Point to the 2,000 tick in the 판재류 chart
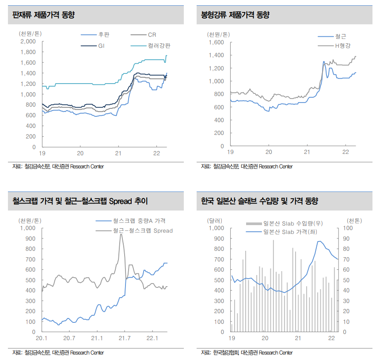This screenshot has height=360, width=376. (28, 42)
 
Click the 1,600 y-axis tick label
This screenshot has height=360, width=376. (216, 42)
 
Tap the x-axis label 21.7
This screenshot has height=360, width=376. (125, 338)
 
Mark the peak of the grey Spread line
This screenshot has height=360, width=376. (121, 234)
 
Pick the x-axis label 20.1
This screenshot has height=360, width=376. (42, 338)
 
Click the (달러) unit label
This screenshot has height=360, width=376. (215, 220)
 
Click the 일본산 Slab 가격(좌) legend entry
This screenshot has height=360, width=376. (290, 231)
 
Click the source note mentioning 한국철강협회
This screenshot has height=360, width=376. (247, 352)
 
